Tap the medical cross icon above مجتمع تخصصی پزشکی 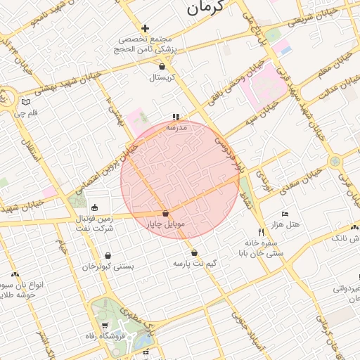(146, 29)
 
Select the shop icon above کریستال (162, 66)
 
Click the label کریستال (162, 78)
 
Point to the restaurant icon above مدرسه (175, 117)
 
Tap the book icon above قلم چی (26, 101)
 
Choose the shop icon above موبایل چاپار (165, 213)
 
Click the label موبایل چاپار (165, 225)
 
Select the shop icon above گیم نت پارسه (194, 252)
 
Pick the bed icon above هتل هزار (285, 213)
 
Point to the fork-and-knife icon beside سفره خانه (260, 232)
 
